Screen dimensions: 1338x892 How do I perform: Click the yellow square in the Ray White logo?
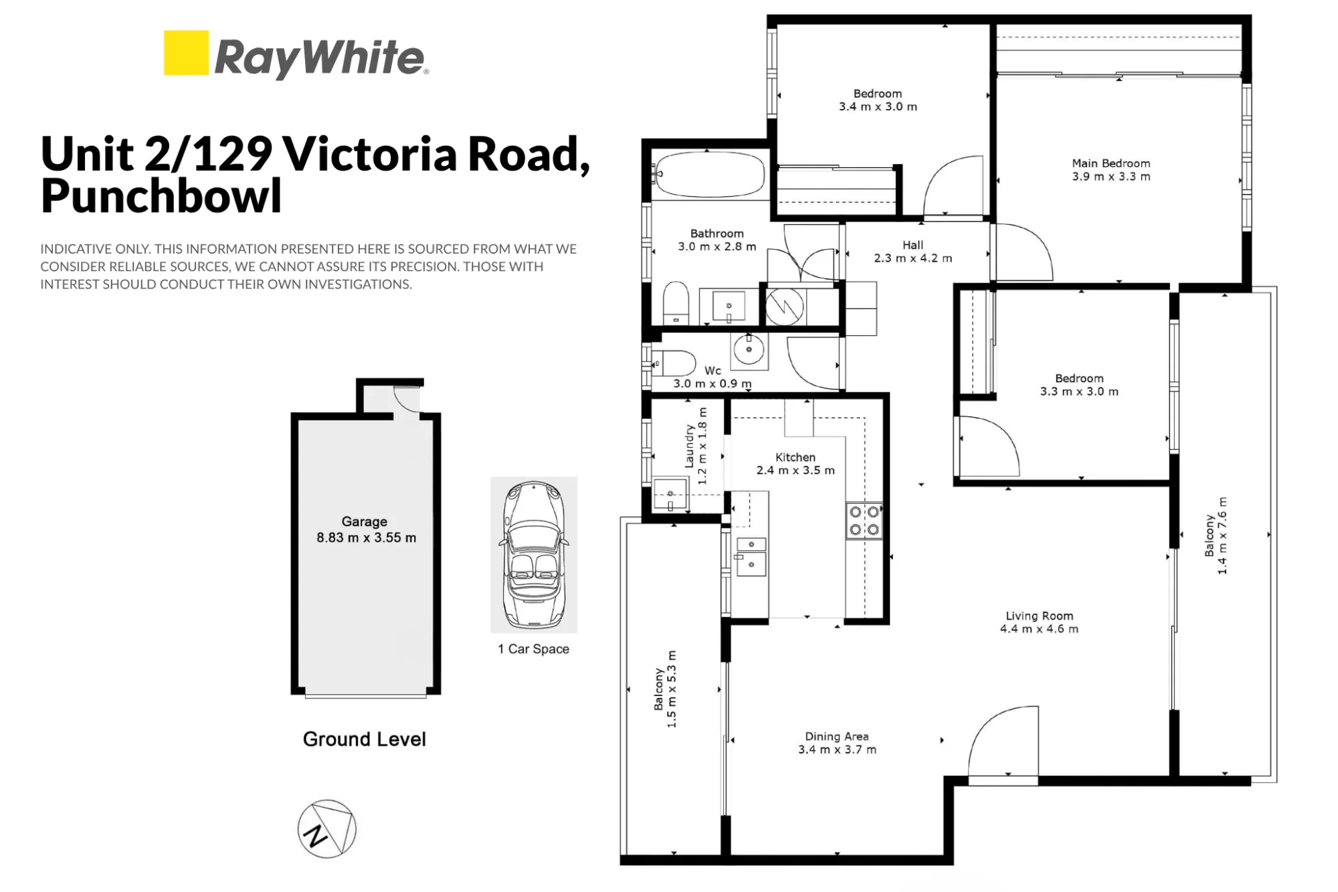pyautogui.click(x=186, y=52)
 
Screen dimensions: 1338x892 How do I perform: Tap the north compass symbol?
pyautogui.click(x=327, y=829)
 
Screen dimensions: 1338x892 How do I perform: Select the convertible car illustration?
pyautogui.click(x=534, y=554)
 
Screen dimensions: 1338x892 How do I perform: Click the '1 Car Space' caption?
pyautogui.click(x=533, y=648)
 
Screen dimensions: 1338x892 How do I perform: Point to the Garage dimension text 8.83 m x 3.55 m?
pyautogui.click(x=367, y=537)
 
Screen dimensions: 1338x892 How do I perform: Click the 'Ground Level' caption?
pyautogui.click(x=365, y=739)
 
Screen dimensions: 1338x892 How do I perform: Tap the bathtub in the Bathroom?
pyautogui.click(x=708, y=173)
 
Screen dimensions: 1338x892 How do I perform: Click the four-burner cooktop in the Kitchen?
pyautogui.click(x=864, y=521)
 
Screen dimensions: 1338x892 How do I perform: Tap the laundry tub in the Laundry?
pyautogui.click(x=670, y=494)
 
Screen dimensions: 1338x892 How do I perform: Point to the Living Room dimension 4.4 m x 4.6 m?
pyautogui.click(x=1039, y=629)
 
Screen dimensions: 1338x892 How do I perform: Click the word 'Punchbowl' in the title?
pyautogui.click(x=161, y=195)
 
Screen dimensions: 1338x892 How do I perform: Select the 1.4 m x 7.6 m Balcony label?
pyautogui.click(x=1216, y=535)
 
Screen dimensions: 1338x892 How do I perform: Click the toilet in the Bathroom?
pyautogui.click(x=676, y=303)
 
